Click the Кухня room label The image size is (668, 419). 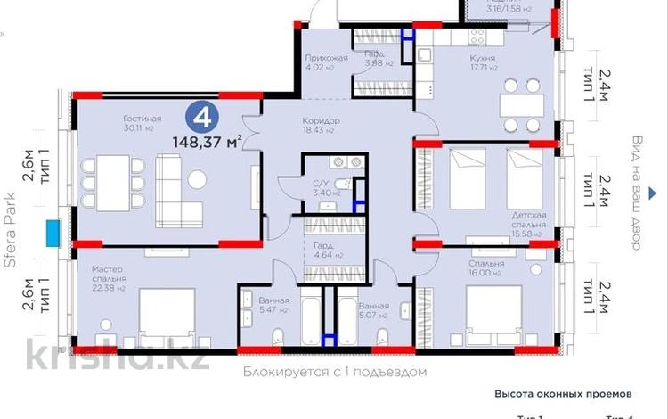pos(483,59)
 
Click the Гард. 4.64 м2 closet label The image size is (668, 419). pos(322,252)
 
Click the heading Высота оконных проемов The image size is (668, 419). pos(563,392)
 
